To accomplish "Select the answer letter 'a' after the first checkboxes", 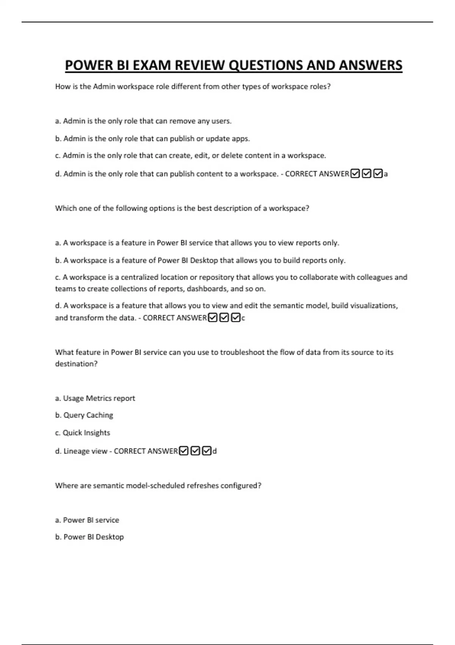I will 386,174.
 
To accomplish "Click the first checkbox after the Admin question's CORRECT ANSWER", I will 355,174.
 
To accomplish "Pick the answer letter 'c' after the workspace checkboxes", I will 243,318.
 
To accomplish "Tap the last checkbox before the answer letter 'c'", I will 235,318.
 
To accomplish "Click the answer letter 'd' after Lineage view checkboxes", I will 215,451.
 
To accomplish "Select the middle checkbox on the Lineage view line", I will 195,451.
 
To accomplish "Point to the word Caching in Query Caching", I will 99,415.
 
